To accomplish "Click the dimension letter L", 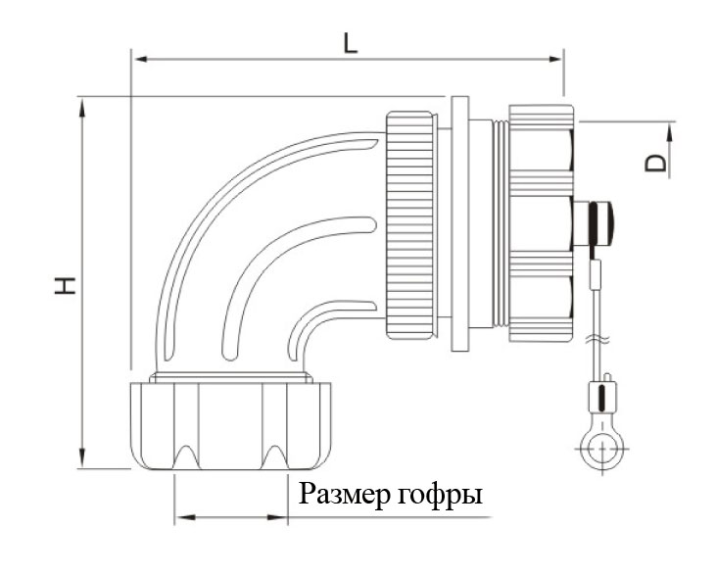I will point(350,42).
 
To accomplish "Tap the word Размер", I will point(345,495).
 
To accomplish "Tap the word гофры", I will point(441,497).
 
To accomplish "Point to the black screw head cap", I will point(599,223).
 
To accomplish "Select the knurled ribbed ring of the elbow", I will point(410,224).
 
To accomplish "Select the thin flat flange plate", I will point(458,223).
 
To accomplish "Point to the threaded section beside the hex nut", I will point(501,224).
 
